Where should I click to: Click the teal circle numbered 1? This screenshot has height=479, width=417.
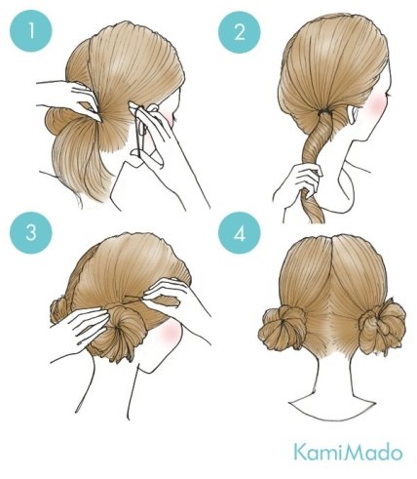[31, 31]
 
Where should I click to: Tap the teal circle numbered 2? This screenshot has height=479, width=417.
[240, 31]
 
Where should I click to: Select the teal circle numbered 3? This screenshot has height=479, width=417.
[31, 233]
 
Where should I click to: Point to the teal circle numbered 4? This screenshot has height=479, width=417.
[240, 233]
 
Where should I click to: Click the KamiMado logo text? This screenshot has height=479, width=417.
[348, 453]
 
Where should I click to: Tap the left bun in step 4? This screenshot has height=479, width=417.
[282, 328]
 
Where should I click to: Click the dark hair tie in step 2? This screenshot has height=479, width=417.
[323, 112]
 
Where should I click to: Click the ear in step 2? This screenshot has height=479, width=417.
[353, 114]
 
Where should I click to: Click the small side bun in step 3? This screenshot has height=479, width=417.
[59, 309]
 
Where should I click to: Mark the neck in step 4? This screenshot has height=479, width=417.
[333, 383]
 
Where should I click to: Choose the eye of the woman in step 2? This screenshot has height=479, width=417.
[388, 95]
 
